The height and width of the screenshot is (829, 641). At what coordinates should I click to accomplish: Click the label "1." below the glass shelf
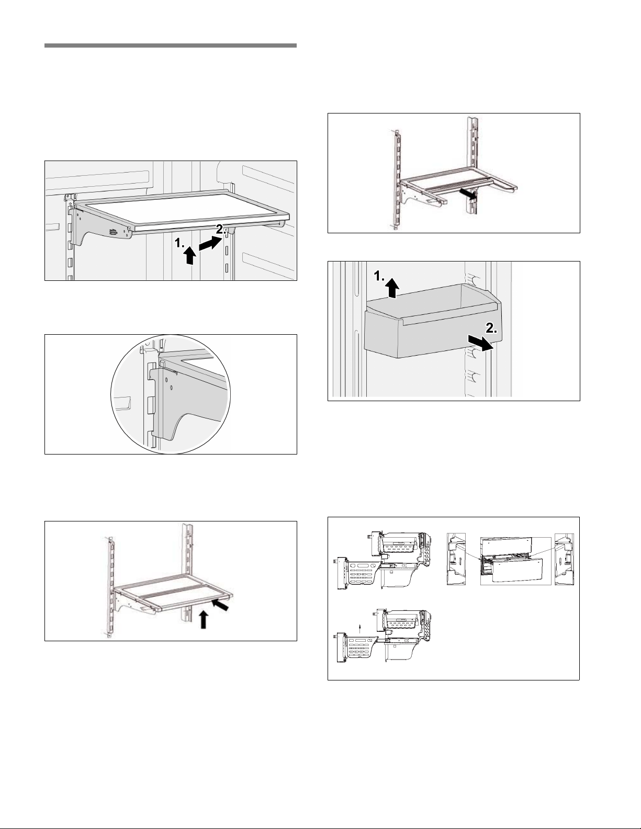pyautogui.click(x=179, y=243)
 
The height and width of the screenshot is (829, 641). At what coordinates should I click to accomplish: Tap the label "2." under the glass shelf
pyautogui.click(x=222, y=229)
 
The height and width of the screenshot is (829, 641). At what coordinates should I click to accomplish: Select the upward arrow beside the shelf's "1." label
pyautogui.click(x=189, y=256)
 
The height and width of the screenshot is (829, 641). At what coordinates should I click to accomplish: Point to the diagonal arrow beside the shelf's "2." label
pyautogui.click(x=210, y=243)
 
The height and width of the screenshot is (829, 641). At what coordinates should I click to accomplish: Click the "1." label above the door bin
pyautogui.click(x=380, y=277)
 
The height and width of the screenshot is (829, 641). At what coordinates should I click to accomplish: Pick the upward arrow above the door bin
pyautogui.click(x=392, y=288)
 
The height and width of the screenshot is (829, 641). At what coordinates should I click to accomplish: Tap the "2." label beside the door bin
pyautogui.click(x=491, y=328)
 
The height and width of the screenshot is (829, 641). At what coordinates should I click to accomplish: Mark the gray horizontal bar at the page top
pyautogui.click(x=171, y=46)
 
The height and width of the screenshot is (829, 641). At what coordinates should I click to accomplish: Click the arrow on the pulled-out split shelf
pyautogui.click(x=468, y=194)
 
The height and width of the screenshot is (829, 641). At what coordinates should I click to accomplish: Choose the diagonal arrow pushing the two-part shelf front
pyautogui.click(x=221, y=605)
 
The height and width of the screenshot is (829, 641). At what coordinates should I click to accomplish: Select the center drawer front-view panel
pyautogui.click(x=515, y=561)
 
